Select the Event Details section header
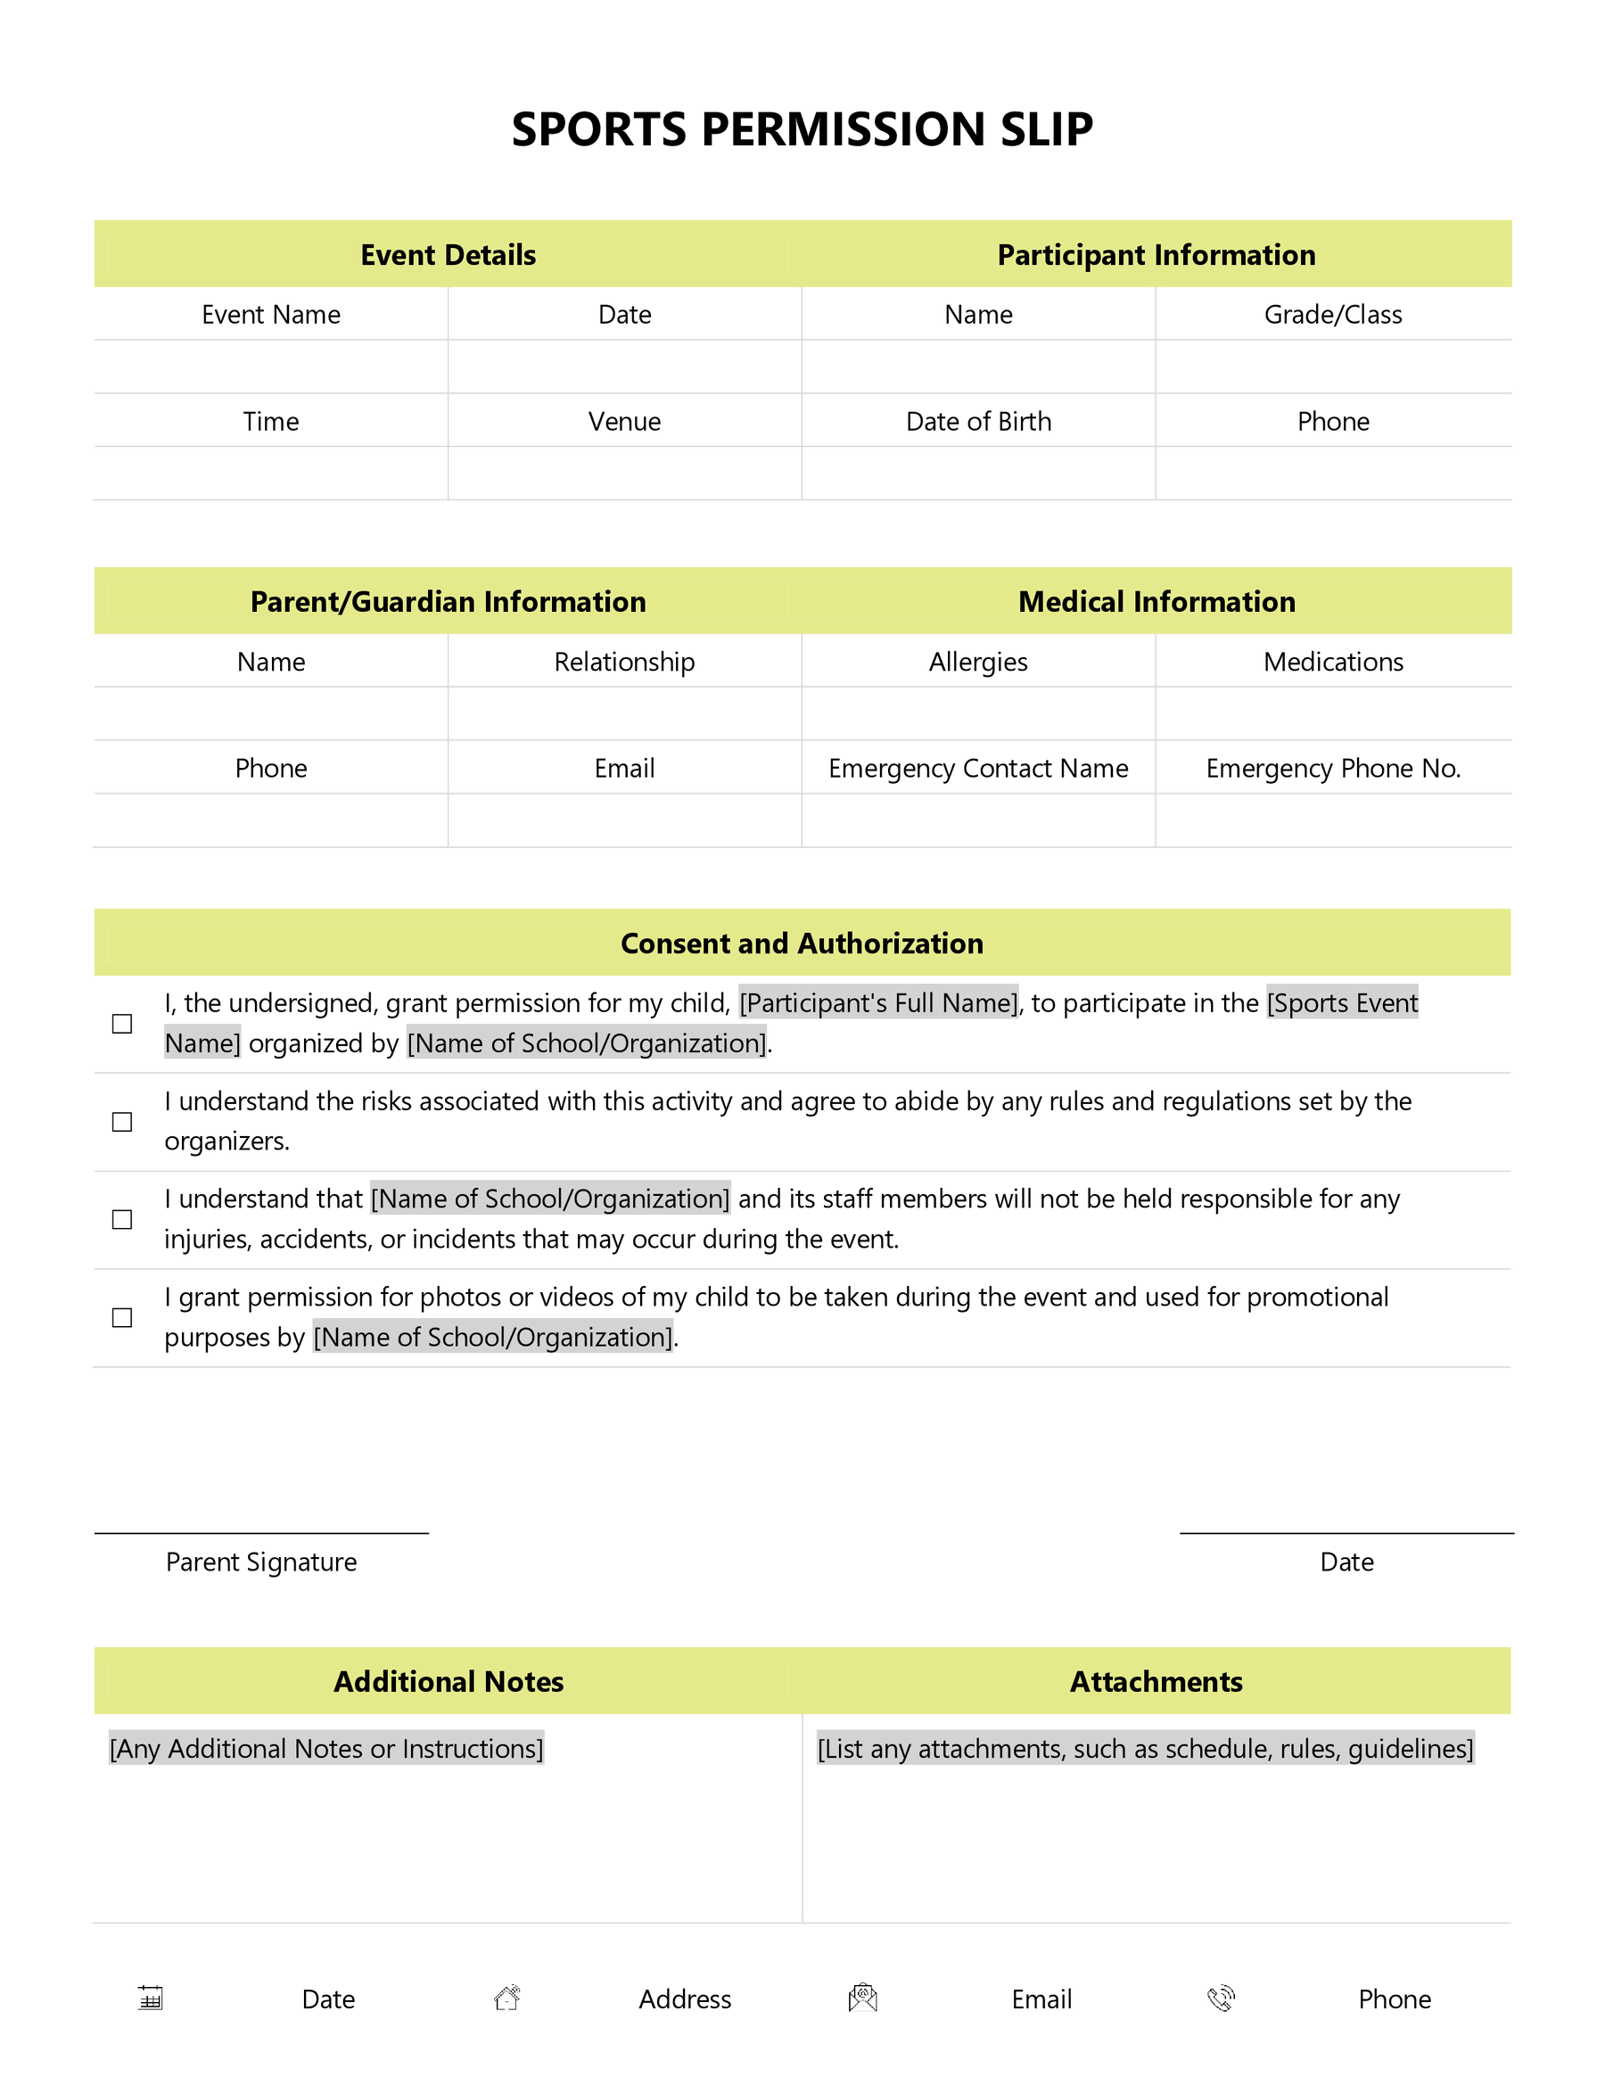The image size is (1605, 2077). [448, 255]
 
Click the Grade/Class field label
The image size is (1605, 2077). [1332, 315]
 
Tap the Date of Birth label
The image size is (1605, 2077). [978, 421]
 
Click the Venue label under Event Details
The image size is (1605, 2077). [624, 421]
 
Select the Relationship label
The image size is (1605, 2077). [624, 662]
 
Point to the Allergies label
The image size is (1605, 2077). [977, 662]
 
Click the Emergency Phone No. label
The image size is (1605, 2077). [1332, 769]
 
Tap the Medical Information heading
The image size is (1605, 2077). [1156, 602]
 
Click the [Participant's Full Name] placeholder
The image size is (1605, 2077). [878, 1003]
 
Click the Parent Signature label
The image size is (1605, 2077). [261, 1562]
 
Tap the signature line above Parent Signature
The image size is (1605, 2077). [261, 1532]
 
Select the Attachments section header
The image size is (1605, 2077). [1156, 1681]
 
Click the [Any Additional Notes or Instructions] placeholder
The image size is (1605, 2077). [326, 1749]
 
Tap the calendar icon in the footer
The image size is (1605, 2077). [150, 1998]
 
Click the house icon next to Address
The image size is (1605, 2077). [506, 1998]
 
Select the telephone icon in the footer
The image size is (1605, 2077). [1221, 1998]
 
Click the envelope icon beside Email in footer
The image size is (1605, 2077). [862, 1998]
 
